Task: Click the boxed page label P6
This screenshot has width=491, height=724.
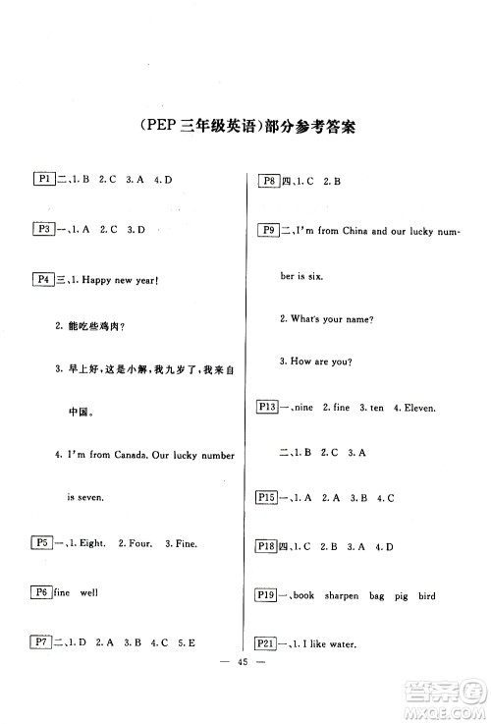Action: click(43, 592)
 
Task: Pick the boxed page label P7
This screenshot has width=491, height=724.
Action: click(43, 642)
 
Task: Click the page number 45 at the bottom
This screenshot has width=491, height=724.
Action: click(245, 688)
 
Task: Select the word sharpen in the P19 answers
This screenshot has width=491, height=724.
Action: click(348, 596)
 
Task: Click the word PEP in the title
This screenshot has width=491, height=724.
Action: click(156, 126)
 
